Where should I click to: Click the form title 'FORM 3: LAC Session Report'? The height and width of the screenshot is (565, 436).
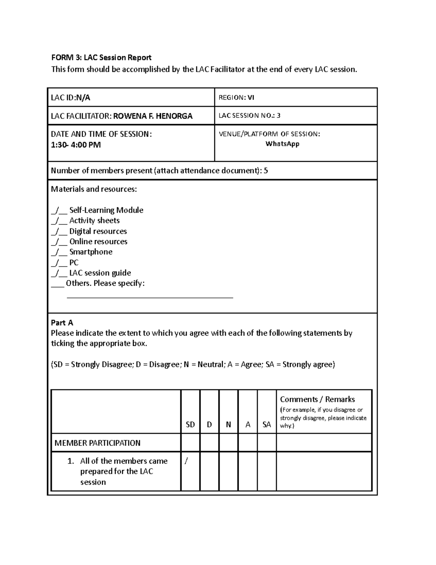(101, 57)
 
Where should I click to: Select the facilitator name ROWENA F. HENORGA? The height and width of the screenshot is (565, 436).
(153, 116)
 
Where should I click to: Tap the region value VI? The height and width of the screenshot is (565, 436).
(251, 97)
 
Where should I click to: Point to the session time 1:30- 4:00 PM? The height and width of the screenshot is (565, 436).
(76, 145)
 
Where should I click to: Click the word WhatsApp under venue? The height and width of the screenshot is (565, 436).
(282, 144)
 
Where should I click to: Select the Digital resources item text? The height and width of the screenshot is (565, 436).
(98, 231)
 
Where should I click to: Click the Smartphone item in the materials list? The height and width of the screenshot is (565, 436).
(91, 252)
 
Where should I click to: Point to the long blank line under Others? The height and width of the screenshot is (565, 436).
(150, 297)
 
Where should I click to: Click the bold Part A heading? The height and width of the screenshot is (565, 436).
(62, 323)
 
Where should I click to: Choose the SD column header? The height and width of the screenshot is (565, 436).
(190, 424)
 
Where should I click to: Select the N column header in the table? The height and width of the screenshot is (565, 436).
(228, 424)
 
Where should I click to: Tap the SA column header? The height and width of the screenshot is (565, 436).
(267, 424)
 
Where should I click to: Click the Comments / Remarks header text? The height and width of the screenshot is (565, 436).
(317, 399)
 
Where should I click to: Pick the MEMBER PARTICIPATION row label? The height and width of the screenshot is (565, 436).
(97, 443)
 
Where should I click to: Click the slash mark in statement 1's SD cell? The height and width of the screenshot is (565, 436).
(186, 461)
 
